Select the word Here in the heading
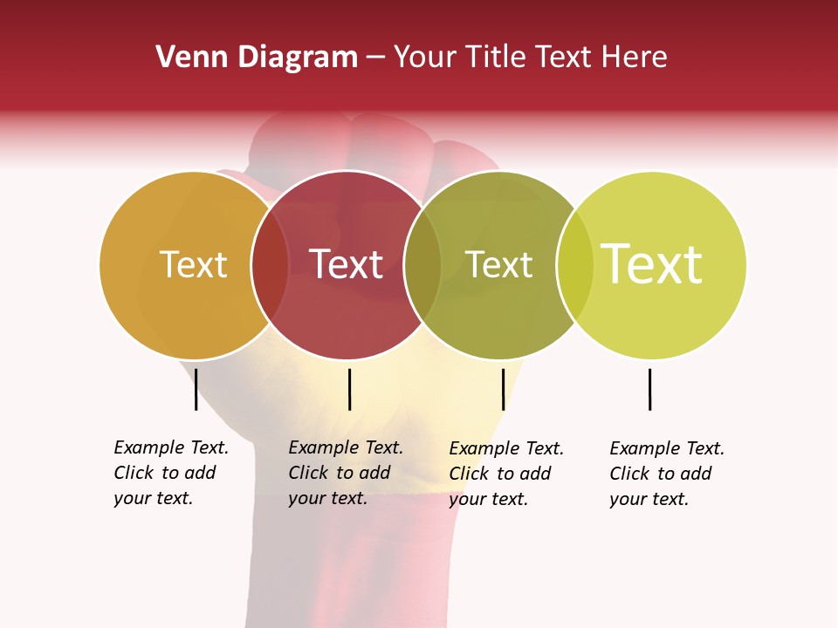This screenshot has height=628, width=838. tap(635, 58)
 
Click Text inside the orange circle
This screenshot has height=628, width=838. tap(193, 265)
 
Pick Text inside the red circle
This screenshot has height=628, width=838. tap(346, 265)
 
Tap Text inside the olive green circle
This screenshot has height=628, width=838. tap(498, 265)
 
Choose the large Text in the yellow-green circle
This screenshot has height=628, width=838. tap(652, 265)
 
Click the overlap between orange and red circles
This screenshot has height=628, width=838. tap(270, 265)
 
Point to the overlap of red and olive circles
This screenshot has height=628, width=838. tap(422, 265)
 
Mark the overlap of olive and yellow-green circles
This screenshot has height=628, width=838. tap(575, 265)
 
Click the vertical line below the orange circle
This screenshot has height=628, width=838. tap(196, 389)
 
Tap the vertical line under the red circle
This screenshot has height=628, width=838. tap(349, 389)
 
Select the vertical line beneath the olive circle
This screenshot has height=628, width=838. tap(503, 389)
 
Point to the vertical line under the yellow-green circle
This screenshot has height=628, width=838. tap(649, 389)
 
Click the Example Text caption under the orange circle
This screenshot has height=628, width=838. tap(171, 473)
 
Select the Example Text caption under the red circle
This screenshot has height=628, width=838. tap(346, 473)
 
